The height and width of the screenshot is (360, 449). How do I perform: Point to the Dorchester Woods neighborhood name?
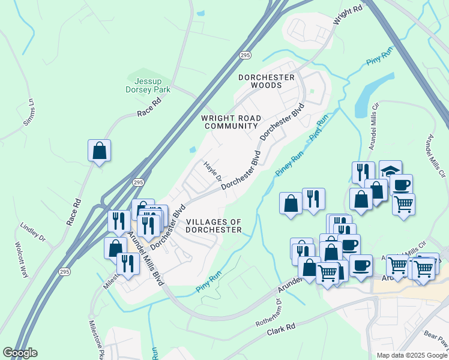pyautogui.click(x=267, y=81)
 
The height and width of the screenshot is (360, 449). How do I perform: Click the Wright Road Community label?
pyautogui.click(x=230, y=122)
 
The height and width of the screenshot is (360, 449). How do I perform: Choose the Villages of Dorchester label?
pyautogui.click(x=214, y=226)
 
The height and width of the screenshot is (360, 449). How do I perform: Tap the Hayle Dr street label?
pyautogui.click(x=212, y=171)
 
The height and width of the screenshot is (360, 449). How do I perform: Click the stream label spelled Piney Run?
pyautogui.click(x=289, y=164)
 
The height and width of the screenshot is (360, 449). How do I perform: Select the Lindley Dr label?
pyautogui.click(x=32, y=232)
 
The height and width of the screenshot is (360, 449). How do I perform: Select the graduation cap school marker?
pyautogui.click(x=390, y=170)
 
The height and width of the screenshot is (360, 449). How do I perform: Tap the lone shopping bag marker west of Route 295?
pyautogui.click(x=99, y=151)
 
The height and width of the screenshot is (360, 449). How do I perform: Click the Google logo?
pyautogui.click(x=20, y=353)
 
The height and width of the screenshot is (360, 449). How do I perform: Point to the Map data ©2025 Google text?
pyautogui.click(x=411, y=355)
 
